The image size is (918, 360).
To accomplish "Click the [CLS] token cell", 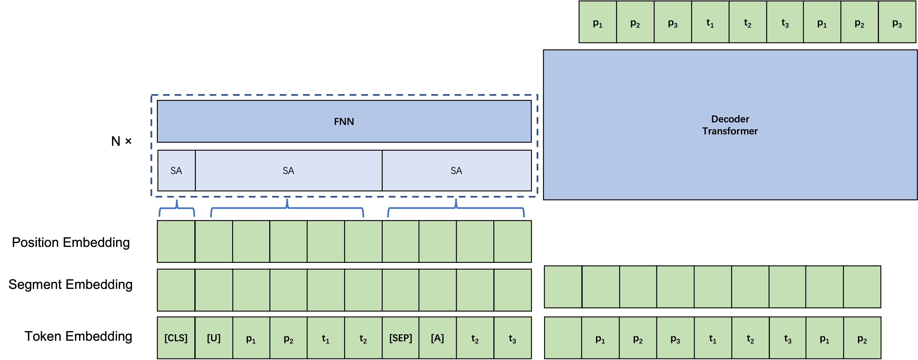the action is click(x=176, y=337).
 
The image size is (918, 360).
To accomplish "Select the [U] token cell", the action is click(x=214, y=337).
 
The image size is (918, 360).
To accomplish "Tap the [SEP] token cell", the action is click(x=400, y=337).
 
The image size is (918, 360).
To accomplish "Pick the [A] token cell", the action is click(x=438, y=337).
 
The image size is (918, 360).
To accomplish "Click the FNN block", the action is click(x=344, y=121).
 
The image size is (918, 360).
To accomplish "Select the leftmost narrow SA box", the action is click(x=176, y=170).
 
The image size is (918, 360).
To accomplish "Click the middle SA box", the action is click(x=289, y=170).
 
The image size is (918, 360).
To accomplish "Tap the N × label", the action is click(x=121, y=141).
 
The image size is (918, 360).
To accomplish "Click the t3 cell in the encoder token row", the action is click(x=512, y=337).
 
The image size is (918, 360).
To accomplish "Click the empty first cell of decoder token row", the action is click(x=563, y=337).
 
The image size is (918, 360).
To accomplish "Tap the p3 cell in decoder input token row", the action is click(x=675, y=337).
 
